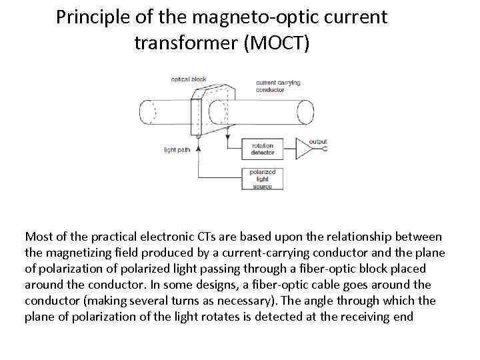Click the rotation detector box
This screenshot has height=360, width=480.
[x=263, y=149]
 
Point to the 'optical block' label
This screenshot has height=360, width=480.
[x=189, y=79]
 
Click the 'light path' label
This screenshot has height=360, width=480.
[x=177, y=149]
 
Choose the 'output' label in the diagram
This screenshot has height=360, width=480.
[x=317, y=141]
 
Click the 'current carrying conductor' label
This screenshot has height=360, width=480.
[x=279, y=87]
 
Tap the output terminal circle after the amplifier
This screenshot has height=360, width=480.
[x=324, y=149]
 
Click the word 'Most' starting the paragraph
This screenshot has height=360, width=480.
[x=37, y=237]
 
